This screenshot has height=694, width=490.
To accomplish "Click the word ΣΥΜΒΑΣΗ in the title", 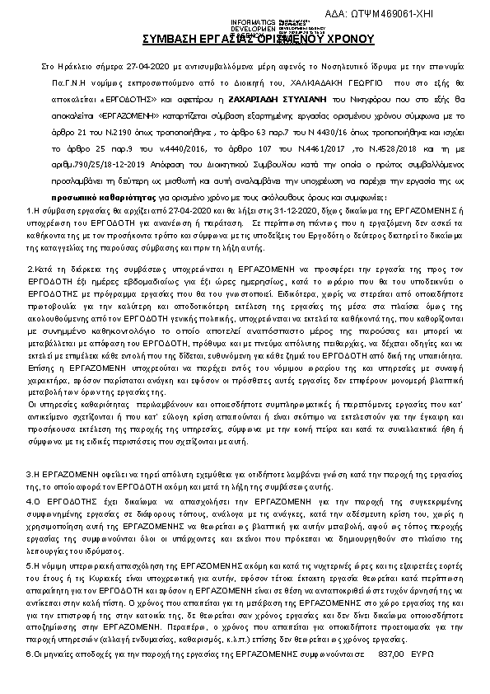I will pos(171,38).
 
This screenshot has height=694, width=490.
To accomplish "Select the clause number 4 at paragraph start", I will pos(30,500).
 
